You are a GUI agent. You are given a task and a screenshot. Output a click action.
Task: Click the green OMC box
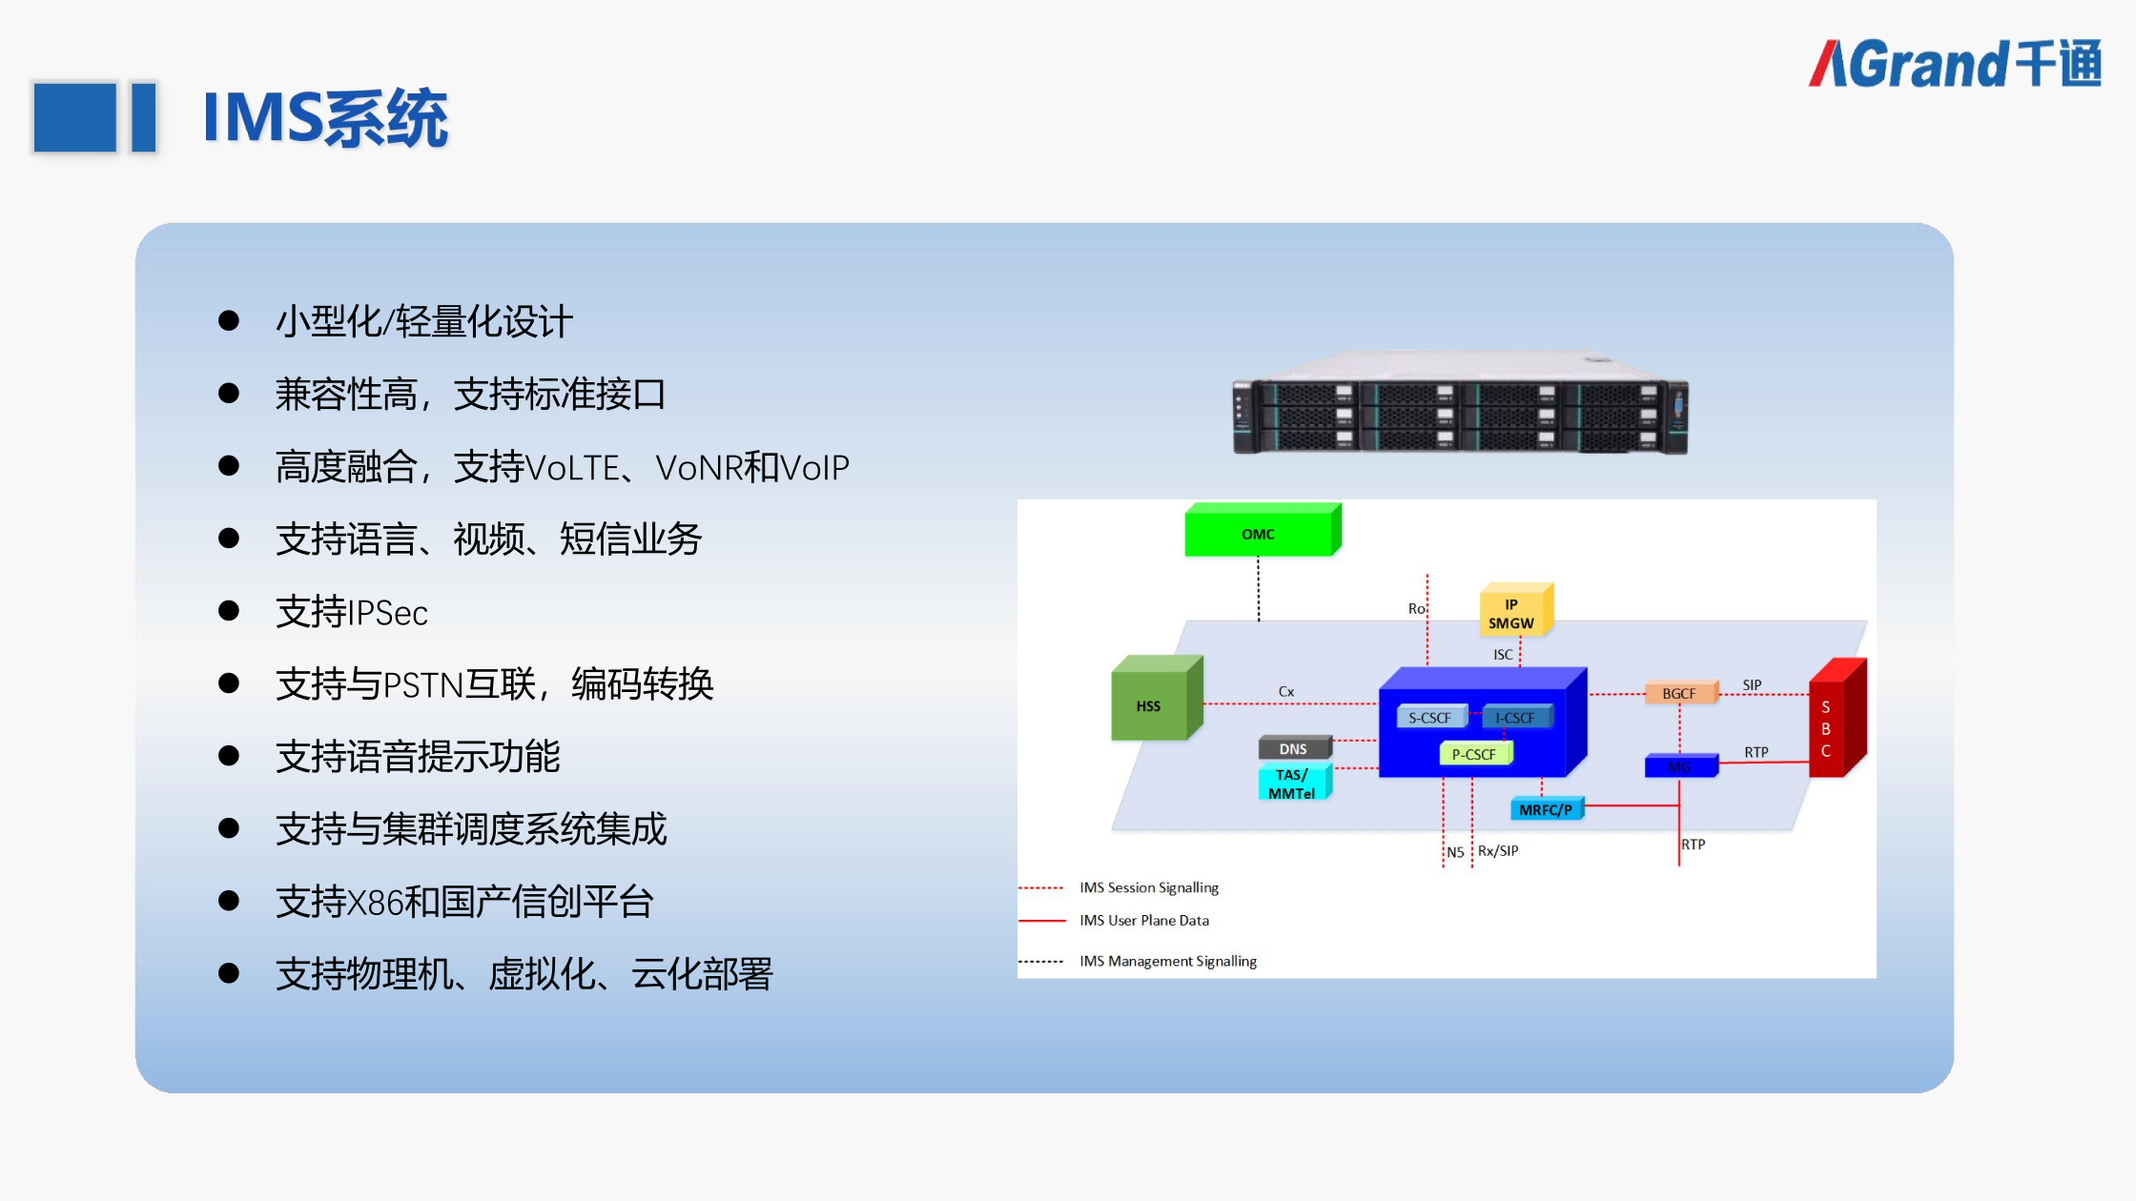(x=1259, y=533)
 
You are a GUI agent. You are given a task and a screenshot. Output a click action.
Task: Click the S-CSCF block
(x=1429, y=718)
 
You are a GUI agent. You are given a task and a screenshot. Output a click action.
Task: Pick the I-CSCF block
(x=1515, y=718)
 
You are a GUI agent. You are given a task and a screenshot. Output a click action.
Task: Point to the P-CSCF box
(x=1473, y=754)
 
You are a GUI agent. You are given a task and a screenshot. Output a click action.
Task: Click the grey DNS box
(x=1293, y=748)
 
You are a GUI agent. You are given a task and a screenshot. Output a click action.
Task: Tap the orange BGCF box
(x=1679, y=693)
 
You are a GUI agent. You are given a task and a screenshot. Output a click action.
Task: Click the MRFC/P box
(x=1545, y=809)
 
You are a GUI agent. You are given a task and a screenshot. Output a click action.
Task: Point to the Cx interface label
(x=1286, y=691)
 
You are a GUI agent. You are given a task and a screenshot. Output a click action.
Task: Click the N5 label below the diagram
(x=1455, y=852)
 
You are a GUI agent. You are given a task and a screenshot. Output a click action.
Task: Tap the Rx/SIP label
(x=1498, y=850)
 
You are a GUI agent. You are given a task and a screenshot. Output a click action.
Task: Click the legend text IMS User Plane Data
(x=1144, y=920)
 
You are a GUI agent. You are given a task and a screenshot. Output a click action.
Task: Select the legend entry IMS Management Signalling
(x=1168, y=961)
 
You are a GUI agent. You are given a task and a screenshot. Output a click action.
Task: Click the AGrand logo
(x=1955, y=64)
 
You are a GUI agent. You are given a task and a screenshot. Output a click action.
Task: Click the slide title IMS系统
(x=325, y=118)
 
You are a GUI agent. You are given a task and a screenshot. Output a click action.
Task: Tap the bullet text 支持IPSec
(x=352, y=612)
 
